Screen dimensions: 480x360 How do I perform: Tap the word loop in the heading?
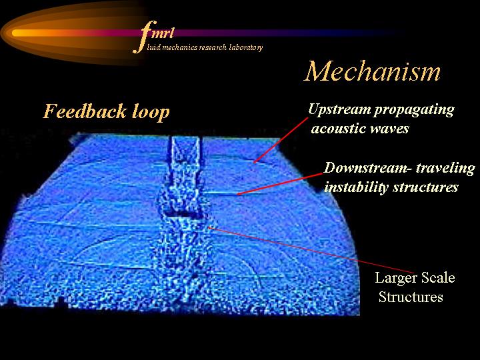[151, 113]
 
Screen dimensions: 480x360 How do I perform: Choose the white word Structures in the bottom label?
[411, 297]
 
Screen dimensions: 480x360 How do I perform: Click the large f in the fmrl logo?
[145, 37]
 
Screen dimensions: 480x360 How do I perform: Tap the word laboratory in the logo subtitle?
[246, 47]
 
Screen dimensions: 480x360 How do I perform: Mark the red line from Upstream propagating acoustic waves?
[281, 140]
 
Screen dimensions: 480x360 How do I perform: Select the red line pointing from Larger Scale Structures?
[311, 250]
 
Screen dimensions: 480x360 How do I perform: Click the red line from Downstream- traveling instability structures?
[280, 184]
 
